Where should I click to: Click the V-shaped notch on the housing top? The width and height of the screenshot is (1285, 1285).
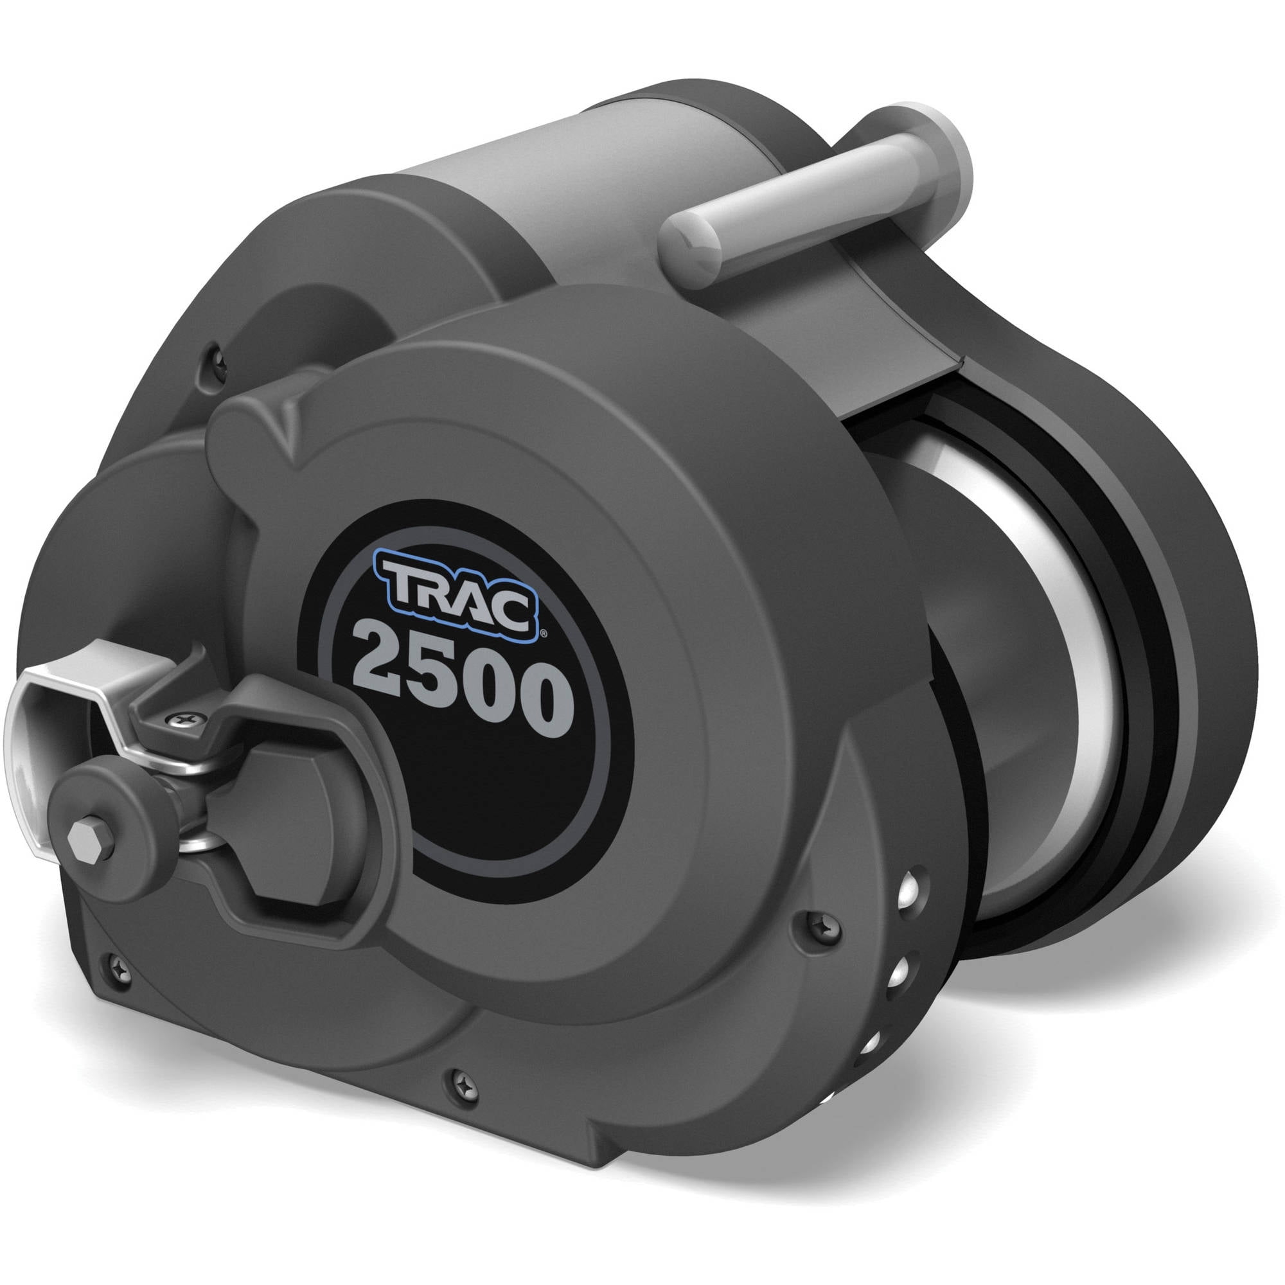pyautogui.click(x=287, y=416)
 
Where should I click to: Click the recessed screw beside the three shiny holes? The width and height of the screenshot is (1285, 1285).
pyautogui.click(x=814, y=924)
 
